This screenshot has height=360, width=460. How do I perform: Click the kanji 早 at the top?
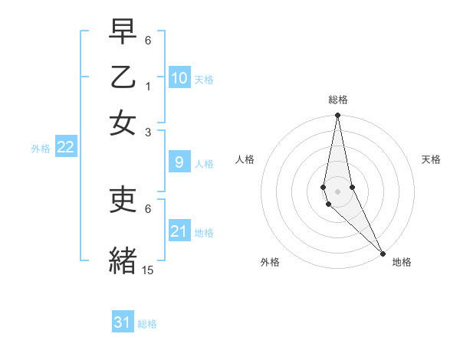[x=123, y=31]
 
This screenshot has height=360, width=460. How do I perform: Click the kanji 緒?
[x=123, y=259]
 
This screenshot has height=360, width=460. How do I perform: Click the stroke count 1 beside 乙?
[x=148, y=86]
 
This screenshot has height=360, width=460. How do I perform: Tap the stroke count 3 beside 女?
[x=148, y=132]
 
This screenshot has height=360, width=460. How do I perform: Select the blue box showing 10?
[x=179, y=77]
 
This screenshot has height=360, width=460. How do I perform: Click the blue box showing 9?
[x=179, y=162]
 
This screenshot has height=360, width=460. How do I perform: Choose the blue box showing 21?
[x=179, y=231]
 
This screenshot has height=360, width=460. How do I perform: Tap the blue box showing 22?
[x=65, y=147]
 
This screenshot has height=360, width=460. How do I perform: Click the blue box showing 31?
[x=123, y=322]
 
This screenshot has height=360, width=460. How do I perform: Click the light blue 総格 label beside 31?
[x=147, y=324]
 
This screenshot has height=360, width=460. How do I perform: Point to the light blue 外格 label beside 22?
[x=41, y=148]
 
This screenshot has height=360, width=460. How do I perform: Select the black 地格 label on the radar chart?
[x=402, y=262]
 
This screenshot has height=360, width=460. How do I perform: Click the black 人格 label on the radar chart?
[x=245, y=159]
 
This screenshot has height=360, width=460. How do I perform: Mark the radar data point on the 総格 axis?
[x=337, y=116]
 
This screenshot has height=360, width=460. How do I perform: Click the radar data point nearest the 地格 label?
[x=383, y=254]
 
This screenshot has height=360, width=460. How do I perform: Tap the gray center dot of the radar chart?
[x=337, y=191]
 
